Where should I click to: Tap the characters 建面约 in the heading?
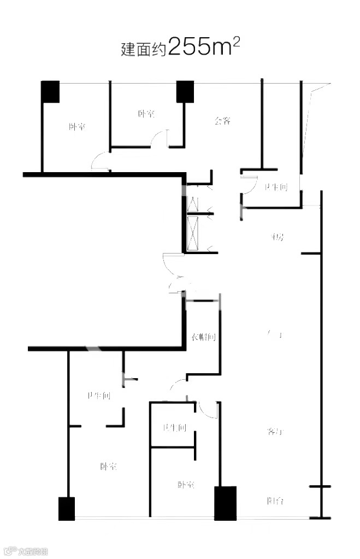(144, 50)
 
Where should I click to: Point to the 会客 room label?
(222, 120)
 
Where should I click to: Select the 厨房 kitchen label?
(276, 238)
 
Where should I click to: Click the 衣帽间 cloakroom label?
(203, 337)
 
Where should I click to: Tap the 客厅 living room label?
(275, 432)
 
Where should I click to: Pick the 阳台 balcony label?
(275, 501)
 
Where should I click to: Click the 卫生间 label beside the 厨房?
(275, 187)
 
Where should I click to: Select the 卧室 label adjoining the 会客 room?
(146, 114)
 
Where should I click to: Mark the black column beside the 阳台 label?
(225, 503)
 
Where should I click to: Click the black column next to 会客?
(185, 91)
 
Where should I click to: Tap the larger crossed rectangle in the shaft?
(193, 234)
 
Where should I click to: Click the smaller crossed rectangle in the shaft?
(193, 199)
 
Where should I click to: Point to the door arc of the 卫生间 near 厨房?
(245, 184)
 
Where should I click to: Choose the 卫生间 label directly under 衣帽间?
(174, 428)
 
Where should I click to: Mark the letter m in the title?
(223, 49)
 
